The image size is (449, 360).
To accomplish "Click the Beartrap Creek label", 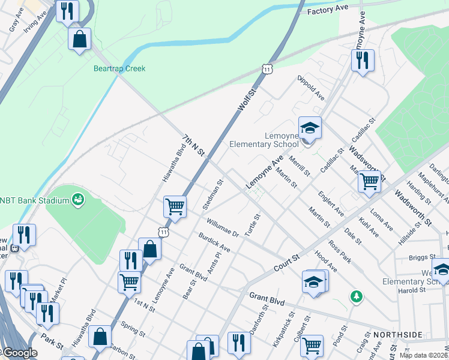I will [119, 68].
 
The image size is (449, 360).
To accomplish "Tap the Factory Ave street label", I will [327, 10].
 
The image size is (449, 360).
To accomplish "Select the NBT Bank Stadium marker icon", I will [77, 199].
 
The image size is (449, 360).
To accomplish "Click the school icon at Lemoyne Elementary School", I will [310, 128].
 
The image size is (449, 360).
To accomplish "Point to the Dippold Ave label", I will [311, 88].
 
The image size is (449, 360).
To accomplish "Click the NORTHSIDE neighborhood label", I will [395, 334].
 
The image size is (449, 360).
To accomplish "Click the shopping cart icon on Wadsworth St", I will [369, 181].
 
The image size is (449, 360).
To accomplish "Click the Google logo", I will [19, 353].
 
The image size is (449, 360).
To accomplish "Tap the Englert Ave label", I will [331, 203].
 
